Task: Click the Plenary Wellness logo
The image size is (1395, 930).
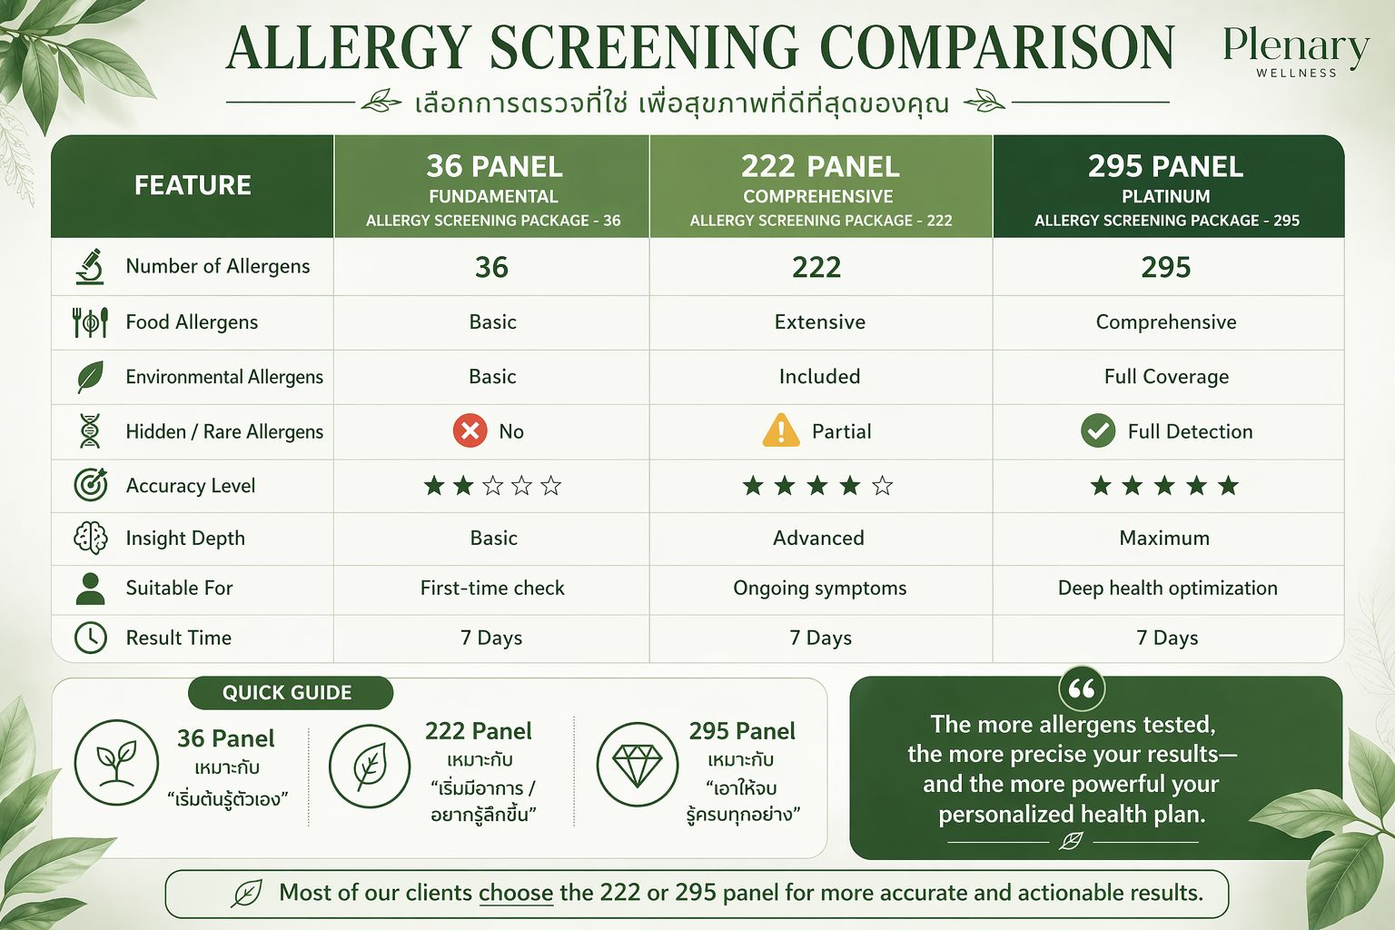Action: [x=1296, y=52]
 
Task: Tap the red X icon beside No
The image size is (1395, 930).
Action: [x=470, y=430]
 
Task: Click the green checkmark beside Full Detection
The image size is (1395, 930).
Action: [x=1098, y=430]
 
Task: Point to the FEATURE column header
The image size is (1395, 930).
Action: [x=193, y=185]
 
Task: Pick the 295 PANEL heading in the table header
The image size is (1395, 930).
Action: [x=1166, y=166]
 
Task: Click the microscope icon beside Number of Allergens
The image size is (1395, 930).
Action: [x=90, y=267]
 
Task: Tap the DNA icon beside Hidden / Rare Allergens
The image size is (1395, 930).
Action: [x=90, y=430]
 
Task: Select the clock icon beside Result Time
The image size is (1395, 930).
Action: [x=90, y=638]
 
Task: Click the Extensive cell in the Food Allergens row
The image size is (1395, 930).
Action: [x=819, y=322]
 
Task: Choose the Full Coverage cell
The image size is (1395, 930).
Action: [x=1166, y=377]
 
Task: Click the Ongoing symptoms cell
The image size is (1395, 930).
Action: [x=819, y=588]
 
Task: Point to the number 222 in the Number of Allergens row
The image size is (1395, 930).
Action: [x=816, y=267]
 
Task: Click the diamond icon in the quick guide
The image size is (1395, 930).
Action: [x=637, y=763]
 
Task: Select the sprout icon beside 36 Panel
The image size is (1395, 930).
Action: [x=116, y=763]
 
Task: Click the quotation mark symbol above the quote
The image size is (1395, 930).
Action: [x=1082, y=689]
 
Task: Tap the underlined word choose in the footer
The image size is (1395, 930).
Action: [x=516, y=893]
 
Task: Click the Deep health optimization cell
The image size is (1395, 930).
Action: [x=1168, y=588]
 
